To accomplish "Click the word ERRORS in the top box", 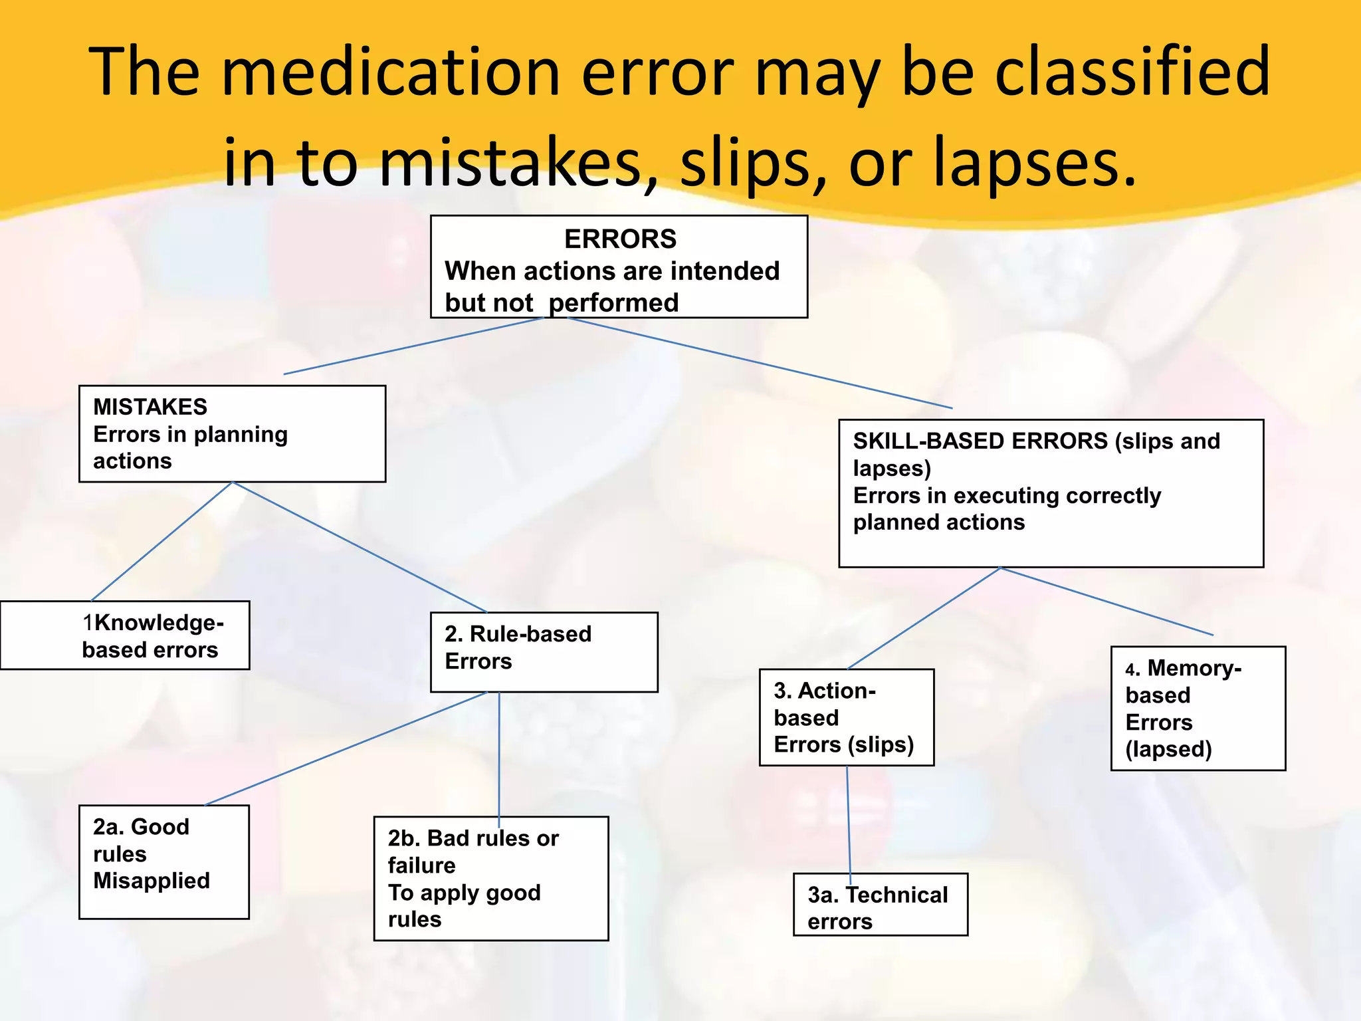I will pos(620,239).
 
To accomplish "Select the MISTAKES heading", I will pos(150,407).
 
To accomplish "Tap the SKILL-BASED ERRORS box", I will pos(1050,493).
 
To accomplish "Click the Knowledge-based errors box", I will pos(125,635).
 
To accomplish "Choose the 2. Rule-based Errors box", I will pos(544,651).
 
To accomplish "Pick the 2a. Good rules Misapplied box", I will pos(163,861).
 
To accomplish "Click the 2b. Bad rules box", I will pos(490,878).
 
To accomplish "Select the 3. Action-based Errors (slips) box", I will pos(846,717).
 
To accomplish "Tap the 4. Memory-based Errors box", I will pos(1198,708).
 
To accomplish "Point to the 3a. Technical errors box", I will pos(880,904).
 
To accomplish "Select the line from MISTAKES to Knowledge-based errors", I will pos(161,541).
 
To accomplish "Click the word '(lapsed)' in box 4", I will pos(1168,749).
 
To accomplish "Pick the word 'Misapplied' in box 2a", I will pos(152,881).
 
